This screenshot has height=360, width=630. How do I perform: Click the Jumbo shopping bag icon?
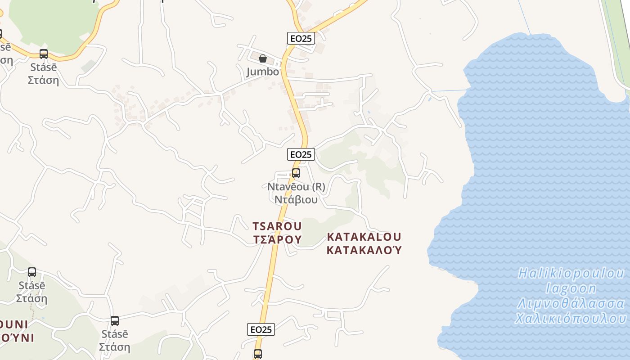coord(263,58)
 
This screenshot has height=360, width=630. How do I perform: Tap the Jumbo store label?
coord(262,72)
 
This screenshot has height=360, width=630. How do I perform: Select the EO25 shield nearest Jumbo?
coord(301,38)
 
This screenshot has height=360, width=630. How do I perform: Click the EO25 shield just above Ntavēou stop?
coord(301,154)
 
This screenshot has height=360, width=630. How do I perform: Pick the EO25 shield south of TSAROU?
coord(261,329)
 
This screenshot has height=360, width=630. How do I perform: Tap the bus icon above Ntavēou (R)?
coord(296,173)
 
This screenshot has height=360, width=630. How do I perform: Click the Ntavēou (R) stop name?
coord(296,186)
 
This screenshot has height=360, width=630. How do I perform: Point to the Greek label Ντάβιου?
coord(296,199)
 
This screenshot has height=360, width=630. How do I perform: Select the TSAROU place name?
coord(277,226)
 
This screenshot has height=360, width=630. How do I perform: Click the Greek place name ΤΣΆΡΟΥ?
coord(277,239)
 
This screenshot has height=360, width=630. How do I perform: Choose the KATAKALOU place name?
coord(364,237)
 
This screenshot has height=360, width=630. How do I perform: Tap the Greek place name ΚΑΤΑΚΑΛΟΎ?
coord(364,250)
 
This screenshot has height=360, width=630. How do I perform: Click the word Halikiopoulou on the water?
coord(571,273)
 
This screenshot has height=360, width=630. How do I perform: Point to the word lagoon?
coord(571,288)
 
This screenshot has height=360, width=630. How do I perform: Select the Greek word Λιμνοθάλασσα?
coord(571,303)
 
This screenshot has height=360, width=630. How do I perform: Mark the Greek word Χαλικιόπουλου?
coord(571,318)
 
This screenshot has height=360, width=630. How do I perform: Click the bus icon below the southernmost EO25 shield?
coord(257,354)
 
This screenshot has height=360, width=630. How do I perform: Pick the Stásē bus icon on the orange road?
coord(44,54)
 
